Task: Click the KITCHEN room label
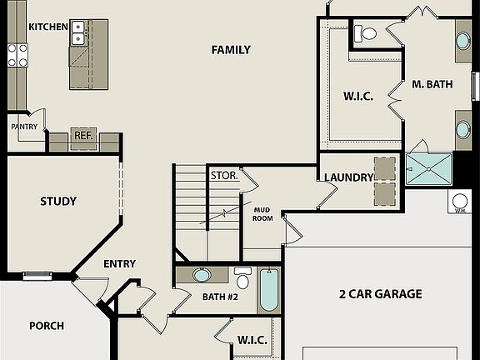pyautogui.click(x=48, y=27)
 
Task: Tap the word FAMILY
pyautogui.click(x=231, y=50)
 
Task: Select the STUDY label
pyautogui.click(x=58, y=201)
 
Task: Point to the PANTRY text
pyautogui.click(x=24, y=127)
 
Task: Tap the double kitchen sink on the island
pyautogui.click(x=78, y=32)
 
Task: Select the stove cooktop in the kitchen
pyautogui.click(x=17, y=55)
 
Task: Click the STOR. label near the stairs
pyautogui.click(x=223, y=176)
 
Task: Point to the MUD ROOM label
pyautogui.click(x=263, y=214)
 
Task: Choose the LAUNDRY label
pyautogui.click(x=347, y=177)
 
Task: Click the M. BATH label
pyautogui.click(x=432, y=83)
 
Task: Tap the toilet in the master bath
pyautogui.click(x=365, y=33)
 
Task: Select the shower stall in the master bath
pyautogui.click(x=429, y=168)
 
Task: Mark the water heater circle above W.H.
pyautogui.click(x=459, y=200)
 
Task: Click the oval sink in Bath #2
pyautogui.click(x=202, y=274)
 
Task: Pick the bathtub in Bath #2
pyautogui.click(x=269, y=289)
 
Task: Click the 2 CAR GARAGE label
pyautogui.click(x=380, y=293)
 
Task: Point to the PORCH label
pyautogui.click(x=47, y=326)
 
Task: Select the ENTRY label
pyautogui.click(x=119, y=264)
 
